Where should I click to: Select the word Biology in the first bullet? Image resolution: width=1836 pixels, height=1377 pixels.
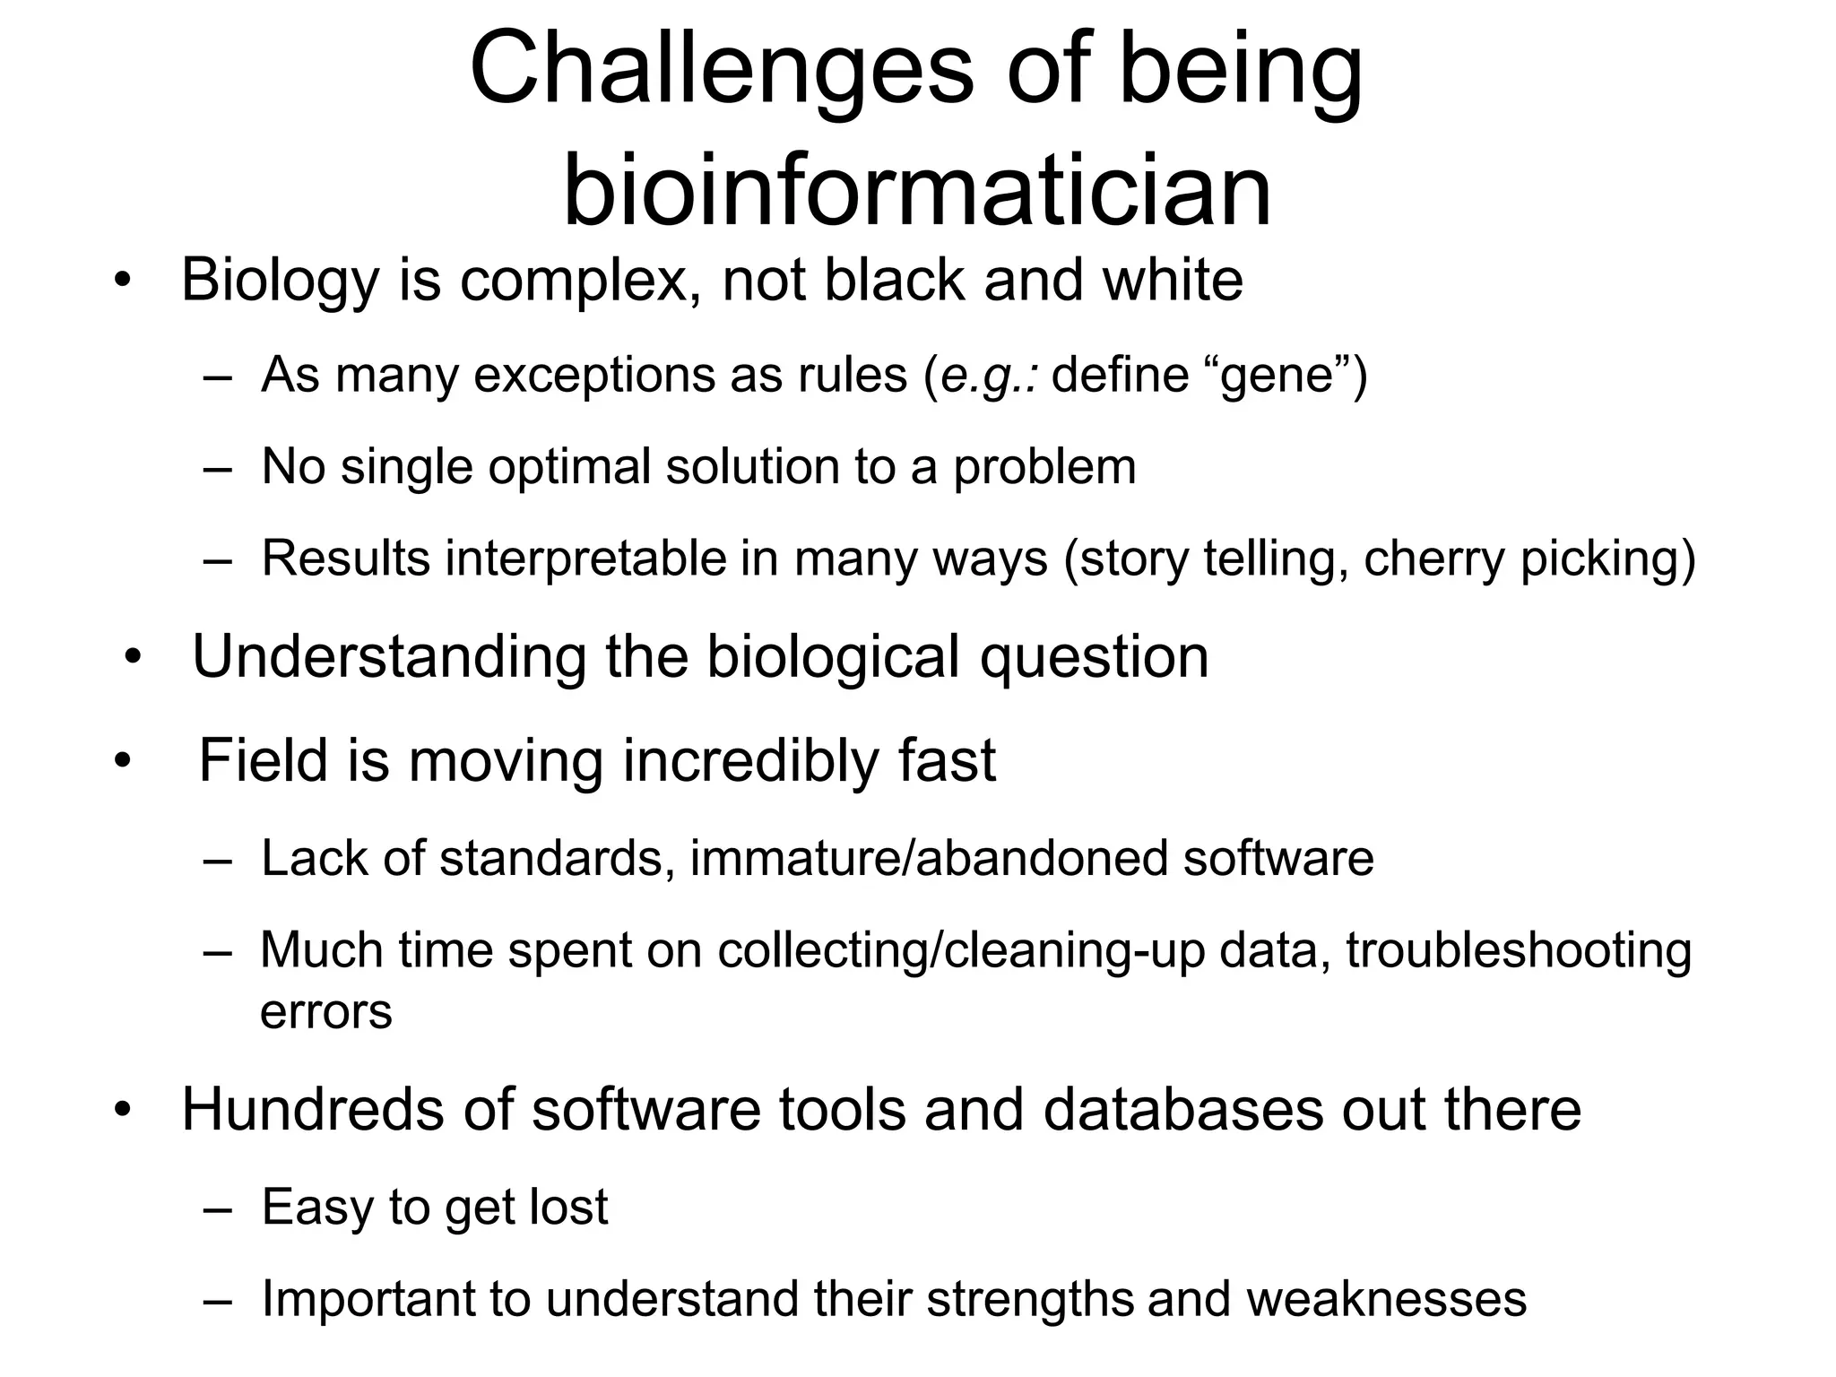coord(281,281)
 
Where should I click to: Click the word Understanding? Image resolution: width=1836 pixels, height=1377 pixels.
coord(389,657)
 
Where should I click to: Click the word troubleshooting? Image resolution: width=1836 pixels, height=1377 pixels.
coord(1518,950)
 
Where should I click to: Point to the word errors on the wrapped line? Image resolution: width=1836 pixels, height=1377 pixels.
coord(325,1012)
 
